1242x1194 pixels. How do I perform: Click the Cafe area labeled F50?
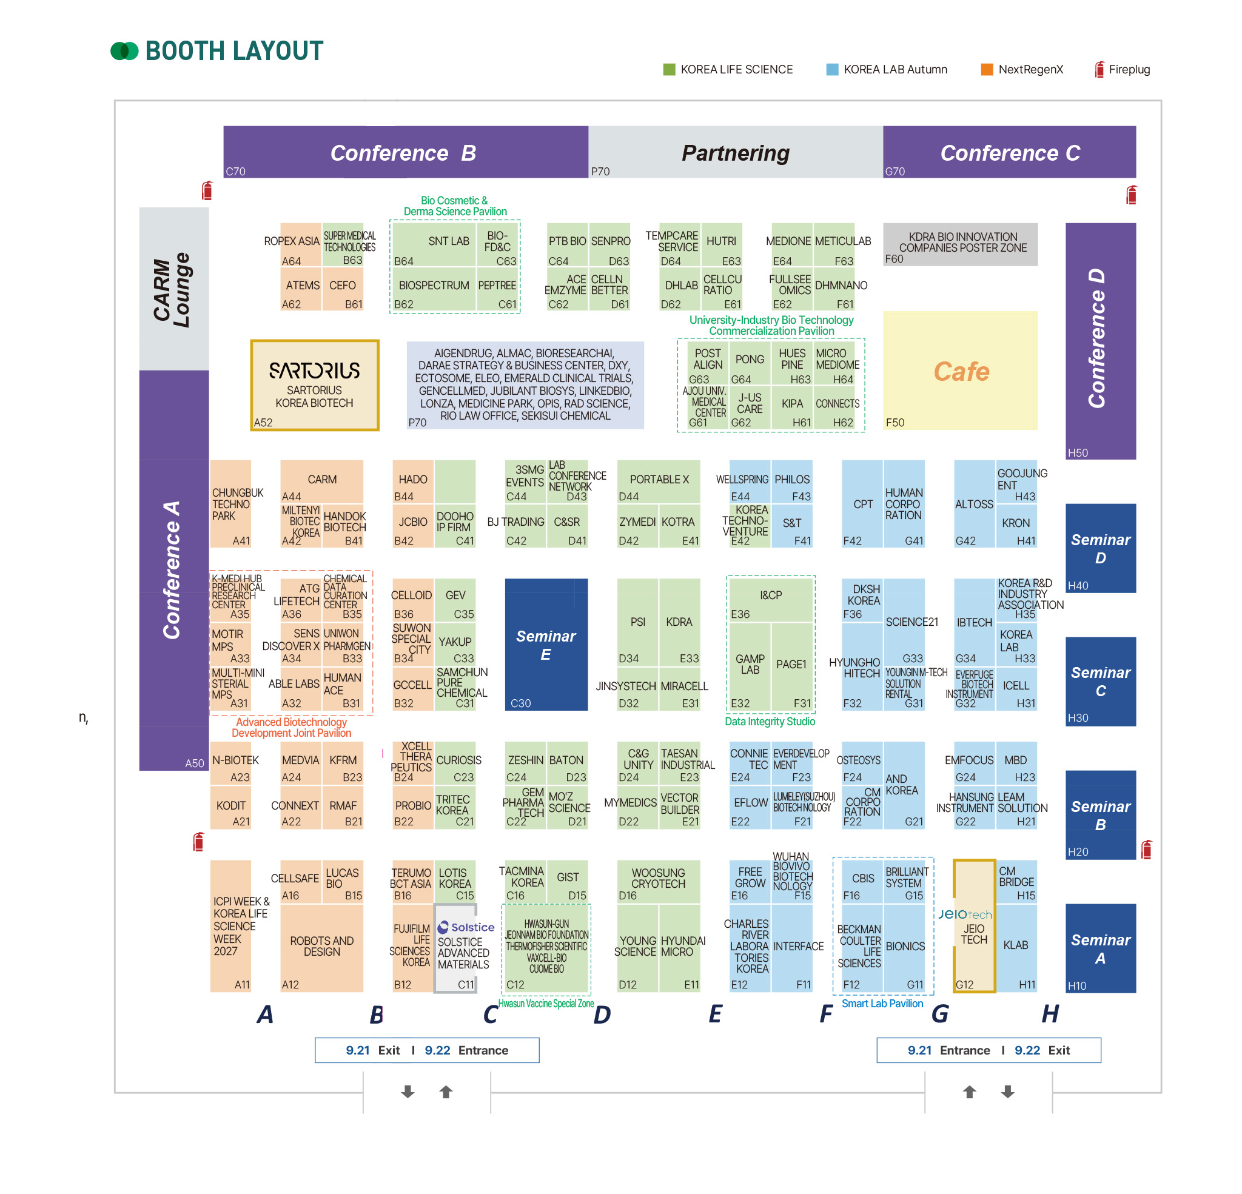click(x=960, y=370)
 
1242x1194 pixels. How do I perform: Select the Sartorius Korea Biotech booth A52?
click(x=315, y=384)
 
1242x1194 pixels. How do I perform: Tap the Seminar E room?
click(x=546, y=644)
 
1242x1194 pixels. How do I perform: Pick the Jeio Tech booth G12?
click(x=975, y=925)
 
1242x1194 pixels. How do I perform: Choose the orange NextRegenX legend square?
click(x=987, y=69)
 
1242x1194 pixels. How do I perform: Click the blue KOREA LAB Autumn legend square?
click(x=832, y=69)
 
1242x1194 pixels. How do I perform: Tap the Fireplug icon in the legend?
click(x=1099, y=69)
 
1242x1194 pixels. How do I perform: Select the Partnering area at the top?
click(x=736, y=152)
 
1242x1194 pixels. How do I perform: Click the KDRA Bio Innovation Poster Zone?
click(x=960, y=244)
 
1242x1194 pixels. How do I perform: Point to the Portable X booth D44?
click(x=659, y=481)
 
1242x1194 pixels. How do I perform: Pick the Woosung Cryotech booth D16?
click(x=659, y=882)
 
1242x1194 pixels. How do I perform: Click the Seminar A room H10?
click(x=1100, y=948)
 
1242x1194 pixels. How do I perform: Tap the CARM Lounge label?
click(x=172, y=290)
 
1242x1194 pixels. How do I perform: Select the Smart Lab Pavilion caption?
click(x=882, y=1004)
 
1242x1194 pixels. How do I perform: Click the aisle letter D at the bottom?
click(x=602, y=1015)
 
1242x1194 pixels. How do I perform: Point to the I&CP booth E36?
click(x=771, y=600)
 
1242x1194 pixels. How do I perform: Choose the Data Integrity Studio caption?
click(x=770, y=721)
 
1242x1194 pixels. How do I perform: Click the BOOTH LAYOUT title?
click(x=235, y=51)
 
